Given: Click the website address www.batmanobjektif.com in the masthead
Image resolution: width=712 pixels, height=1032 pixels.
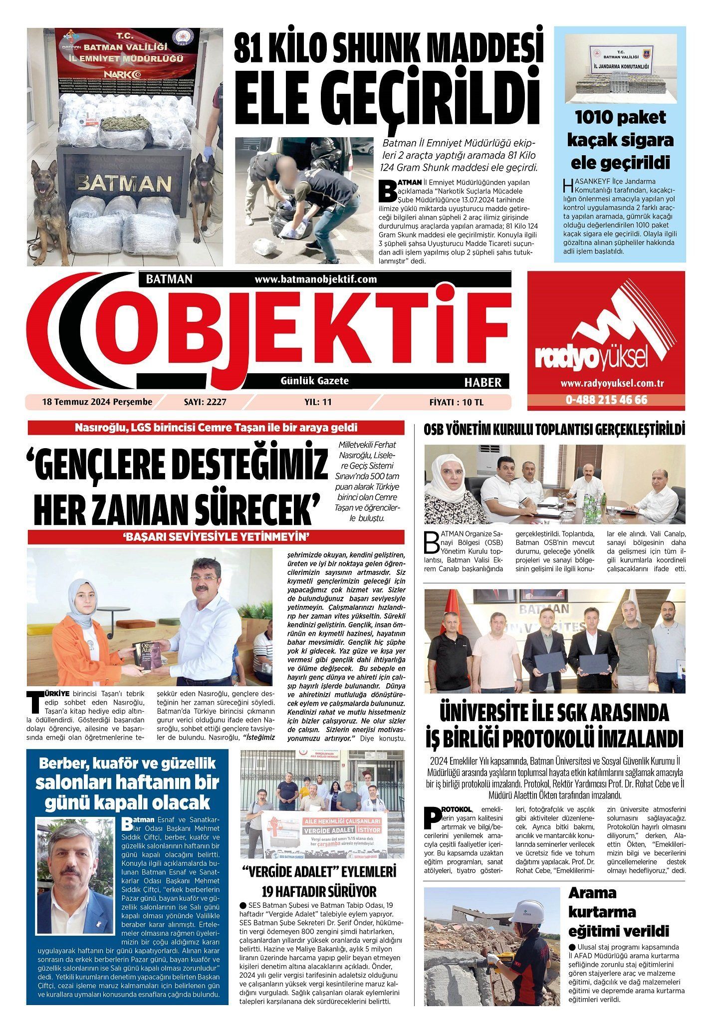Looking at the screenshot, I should coord(315,279).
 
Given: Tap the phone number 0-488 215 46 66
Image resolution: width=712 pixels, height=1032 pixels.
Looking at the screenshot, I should coord(606,400).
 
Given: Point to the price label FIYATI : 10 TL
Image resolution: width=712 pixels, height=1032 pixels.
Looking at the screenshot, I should coord(456,402).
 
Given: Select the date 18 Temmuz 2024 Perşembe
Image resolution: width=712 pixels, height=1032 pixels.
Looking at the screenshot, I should coord(90,402).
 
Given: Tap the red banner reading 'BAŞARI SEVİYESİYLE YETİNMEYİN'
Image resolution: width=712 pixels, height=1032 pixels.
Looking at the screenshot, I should coord(216,537).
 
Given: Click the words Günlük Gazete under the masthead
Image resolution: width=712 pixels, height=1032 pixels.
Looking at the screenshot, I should coord(315,381).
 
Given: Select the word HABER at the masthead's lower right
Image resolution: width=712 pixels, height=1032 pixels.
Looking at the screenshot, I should coord(482,382).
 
